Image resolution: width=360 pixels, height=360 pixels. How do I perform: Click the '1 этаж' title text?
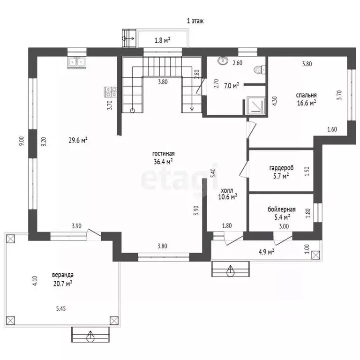tap(195, 21)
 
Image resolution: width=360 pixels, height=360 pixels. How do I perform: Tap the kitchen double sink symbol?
tap(77, 62)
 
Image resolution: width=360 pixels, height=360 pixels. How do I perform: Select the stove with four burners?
tap(111, 91)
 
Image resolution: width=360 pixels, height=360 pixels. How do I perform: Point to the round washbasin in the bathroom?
tap(223, 60)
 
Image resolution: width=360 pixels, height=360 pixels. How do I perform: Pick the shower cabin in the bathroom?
tap(256, 105)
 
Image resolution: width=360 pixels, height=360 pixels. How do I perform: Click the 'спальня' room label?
tap(306, 95)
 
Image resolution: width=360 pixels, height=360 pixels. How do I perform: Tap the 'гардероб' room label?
tap(281, 168)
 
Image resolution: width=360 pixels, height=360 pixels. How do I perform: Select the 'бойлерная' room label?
tap(281, 210)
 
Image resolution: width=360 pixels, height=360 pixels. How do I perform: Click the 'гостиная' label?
tap(163, 154)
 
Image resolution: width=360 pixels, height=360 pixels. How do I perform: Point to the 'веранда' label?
tap(63, 275)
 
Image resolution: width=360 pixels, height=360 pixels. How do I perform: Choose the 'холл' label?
tap(227, 190)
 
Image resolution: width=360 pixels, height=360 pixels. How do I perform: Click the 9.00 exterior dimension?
tap(22, 141)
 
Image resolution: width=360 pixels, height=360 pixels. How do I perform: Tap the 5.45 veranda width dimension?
tap(61, 308)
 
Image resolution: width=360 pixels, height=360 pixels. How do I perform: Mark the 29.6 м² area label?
tap(78, 140)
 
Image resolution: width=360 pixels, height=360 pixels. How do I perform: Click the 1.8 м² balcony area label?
tap(162, 41)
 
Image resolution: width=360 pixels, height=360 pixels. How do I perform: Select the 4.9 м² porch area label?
tap(266, 252)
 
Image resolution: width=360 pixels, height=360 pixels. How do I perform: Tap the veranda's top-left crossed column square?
tap(10, 239)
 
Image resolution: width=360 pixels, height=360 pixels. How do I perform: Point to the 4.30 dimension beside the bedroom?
tap(274, 101)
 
